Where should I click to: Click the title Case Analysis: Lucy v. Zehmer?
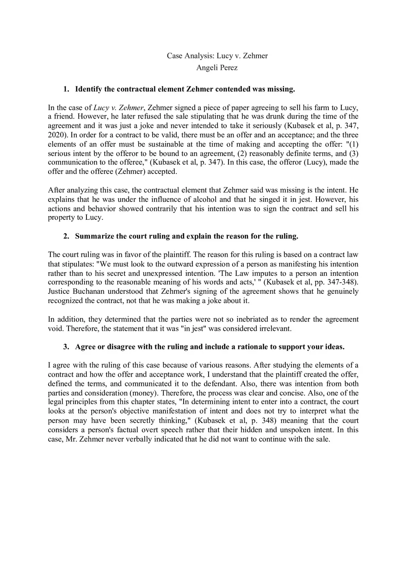(217, 56)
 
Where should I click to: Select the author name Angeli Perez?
(217, 68)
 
